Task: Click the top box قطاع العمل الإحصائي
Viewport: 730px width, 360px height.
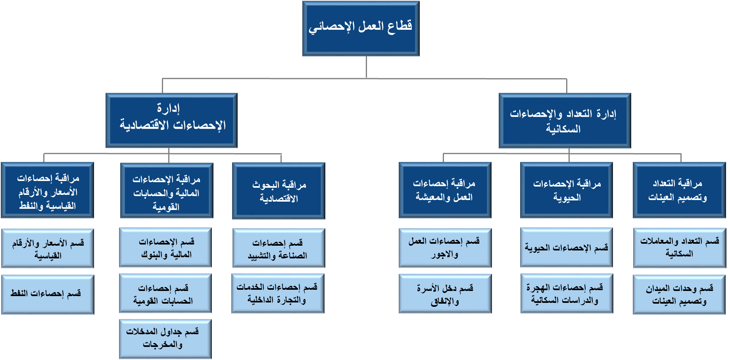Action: (x=361, y=28)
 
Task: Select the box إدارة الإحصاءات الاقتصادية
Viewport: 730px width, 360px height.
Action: (x=171, y=120)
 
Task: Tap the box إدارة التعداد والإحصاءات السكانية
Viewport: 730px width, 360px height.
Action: (x=565, y=120)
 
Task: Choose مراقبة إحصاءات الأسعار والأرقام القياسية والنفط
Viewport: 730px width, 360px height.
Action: (x=47, y=190)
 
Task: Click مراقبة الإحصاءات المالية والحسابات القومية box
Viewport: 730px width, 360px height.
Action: (x=167, y=191)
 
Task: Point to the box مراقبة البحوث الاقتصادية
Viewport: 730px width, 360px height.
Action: (x=279, y=191)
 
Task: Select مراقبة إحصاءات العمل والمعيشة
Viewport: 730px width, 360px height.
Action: (x=445, y=190)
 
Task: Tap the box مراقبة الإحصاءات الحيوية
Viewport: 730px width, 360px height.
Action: (x=567, y=190)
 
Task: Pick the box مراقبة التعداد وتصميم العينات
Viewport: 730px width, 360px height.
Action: (x=679, y=190)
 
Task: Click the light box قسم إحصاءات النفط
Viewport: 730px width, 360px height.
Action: (x=48, y=295)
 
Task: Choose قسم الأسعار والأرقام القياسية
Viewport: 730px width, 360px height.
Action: (x=48, y=248)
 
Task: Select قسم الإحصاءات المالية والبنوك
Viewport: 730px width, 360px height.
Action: (x=165, y=248)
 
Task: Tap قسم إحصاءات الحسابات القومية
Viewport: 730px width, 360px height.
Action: (x=165, y=294)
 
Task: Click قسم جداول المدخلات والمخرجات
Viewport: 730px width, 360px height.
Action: (x=165, y=339)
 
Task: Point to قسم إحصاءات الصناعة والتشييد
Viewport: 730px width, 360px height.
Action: (x=279, y=248)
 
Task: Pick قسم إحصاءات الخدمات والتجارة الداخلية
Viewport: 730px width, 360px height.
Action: (x=278, y=294)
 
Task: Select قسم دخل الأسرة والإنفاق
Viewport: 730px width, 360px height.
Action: (x=445, y=294)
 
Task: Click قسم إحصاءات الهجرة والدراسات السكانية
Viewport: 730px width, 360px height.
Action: (x=567, y=294)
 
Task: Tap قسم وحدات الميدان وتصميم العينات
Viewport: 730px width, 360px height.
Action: (x=679, y=295)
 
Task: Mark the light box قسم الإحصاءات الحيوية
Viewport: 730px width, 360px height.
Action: (x=567, y=248)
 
